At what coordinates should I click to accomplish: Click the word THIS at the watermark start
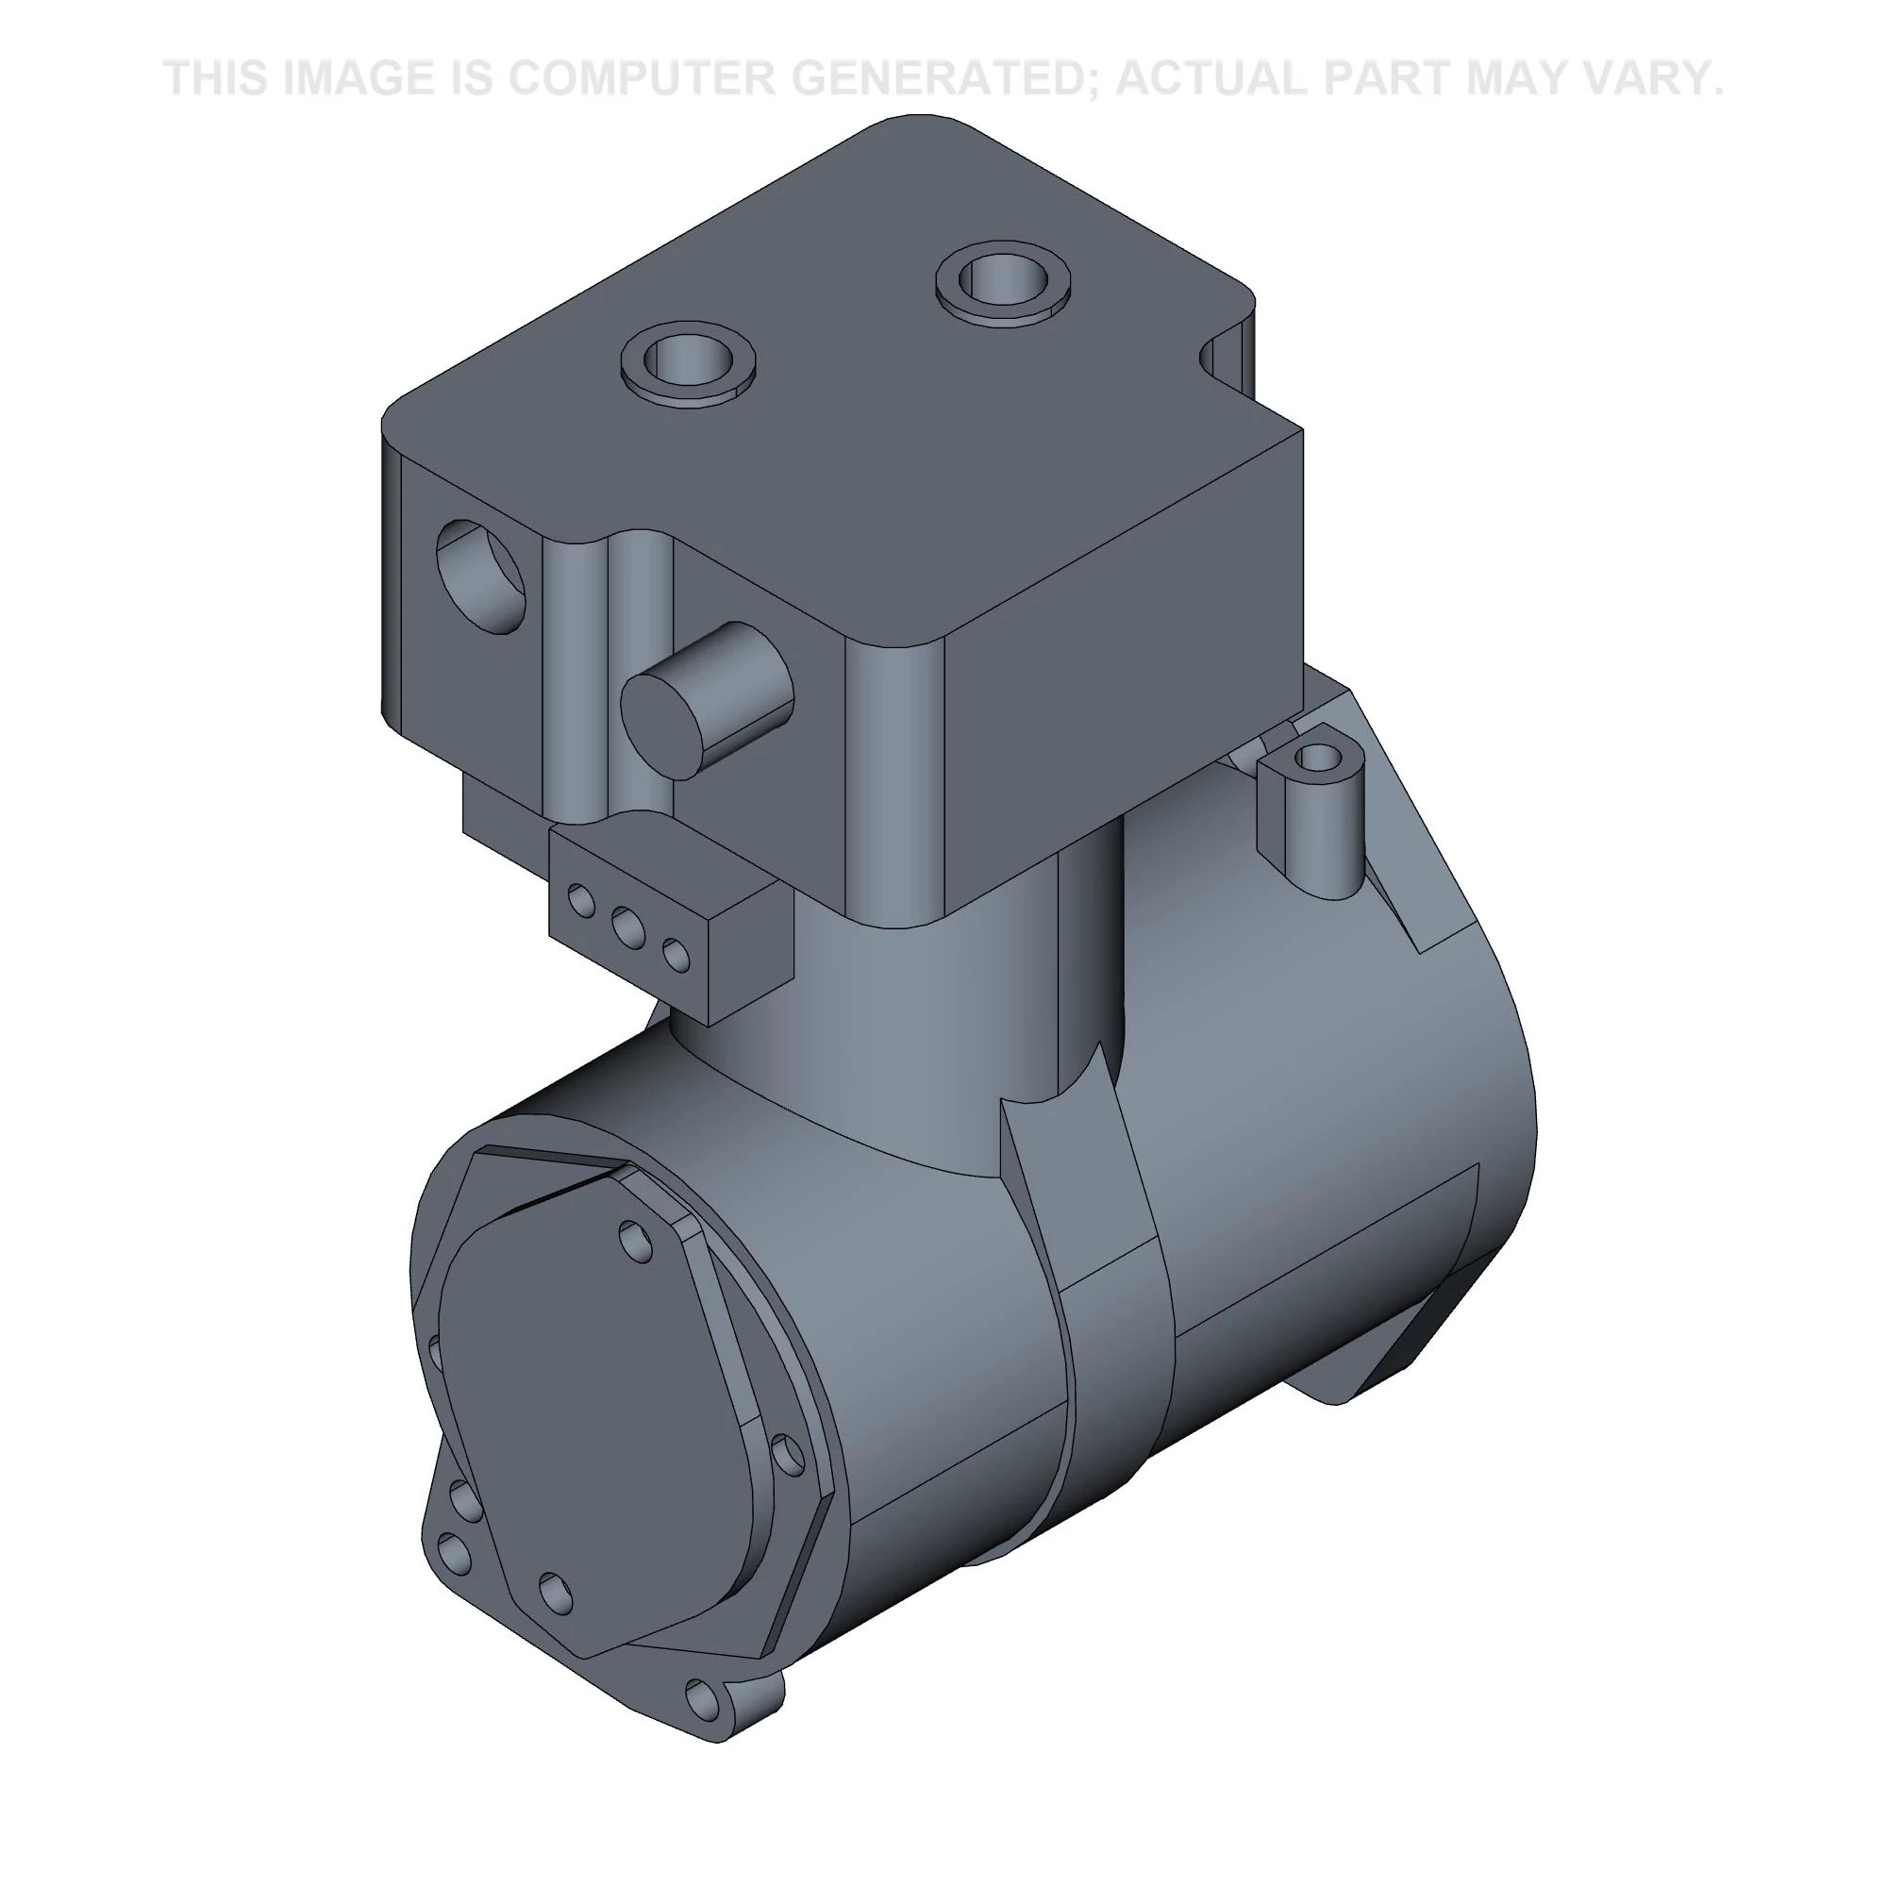(217, 78)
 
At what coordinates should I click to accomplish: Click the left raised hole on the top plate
(689, 362)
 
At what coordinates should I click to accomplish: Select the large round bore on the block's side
(481, 576)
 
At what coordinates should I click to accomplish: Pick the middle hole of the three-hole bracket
(627, 927)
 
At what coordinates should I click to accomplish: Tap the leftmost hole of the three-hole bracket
(581, 900)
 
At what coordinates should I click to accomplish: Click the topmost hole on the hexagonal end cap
(637, 1241)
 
